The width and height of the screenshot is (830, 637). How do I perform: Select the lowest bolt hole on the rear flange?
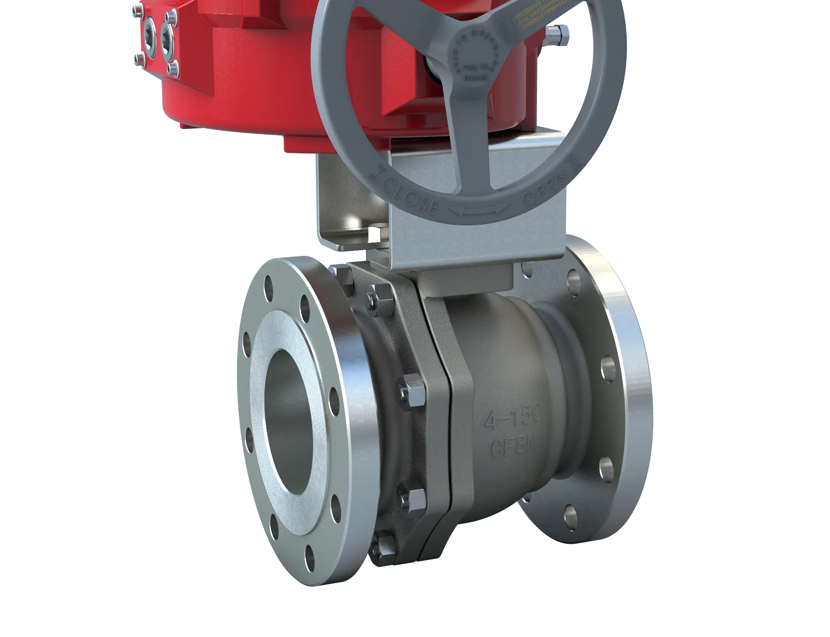(570, 513)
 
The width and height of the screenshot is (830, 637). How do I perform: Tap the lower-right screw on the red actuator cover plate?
(172, 68)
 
